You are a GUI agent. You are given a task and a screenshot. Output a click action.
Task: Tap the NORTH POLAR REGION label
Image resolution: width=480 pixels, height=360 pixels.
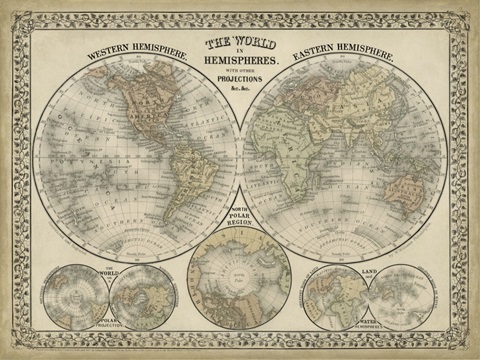239,213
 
